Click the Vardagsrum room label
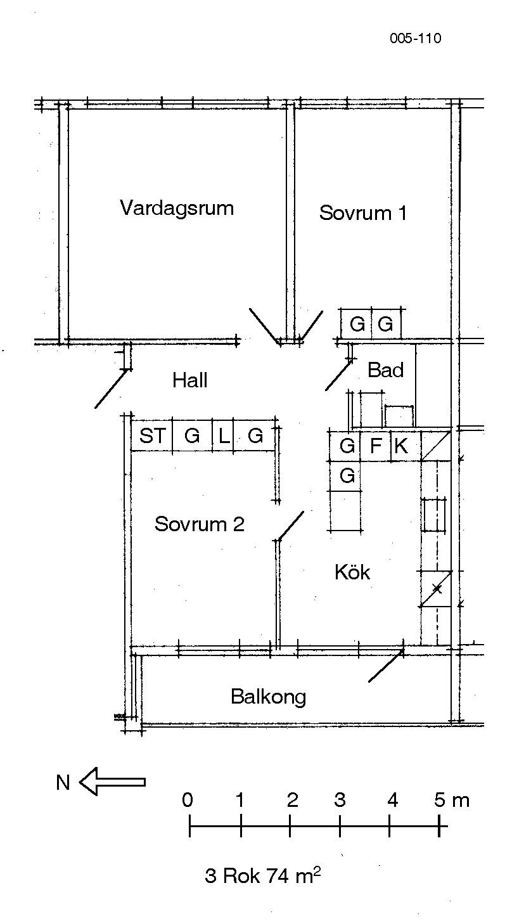(x=177, y=208)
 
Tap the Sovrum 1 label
(x=363, y=213)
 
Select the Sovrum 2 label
(x=200, y=524)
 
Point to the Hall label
(x=189, y=380)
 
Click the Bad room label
(x=385, y=370)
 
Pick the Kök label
(x=352, y=572)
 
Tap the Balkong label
(x=269, y=697)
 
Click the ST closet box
(x=151, y=435)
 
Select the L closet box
(x=223, y=435)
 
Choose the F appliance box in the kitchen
(x=375, y=446)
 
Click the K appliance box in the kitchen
(x=405, y=446)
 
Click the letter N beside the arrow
(x=63, y=782)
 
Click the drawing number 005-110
(x=416, y=39)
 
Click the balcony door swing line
(x=386, y=666)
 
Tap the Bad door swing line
(x=338, y=375)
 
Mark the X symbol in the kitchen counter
(x=437, y=589)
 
